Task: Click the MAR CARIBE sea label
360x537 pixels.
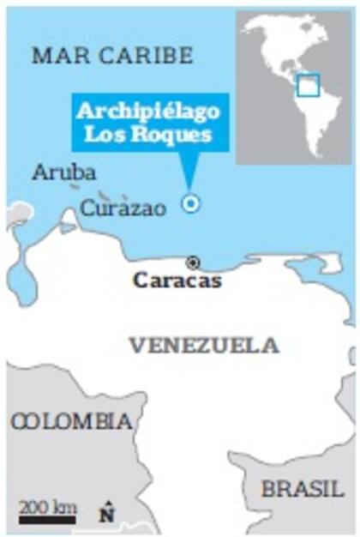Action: click(x=112, y=57)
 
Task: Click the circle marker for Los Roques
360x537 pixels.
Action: click(x=190, y=203)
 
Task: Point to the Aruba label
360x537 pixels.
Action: click(x=64, y=172)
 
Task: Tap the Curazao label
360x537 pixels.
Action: click(x=123, y=208)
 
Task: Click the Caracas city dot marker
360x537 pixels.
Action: click(x=193, y=262)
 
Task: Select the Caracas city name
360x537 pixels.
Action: click(x=177, y=281)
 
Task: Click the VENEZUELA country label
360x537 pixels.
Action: click(x=204, y=346)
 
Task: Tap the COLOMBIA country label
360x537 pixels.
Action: click(x=73, y=422)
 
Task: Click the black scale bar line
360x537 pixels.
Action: click(x=48, y=519)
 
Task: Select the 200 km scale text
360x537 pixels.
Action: click(x=48, y=506)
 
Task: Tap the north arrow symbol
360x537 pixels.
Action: click(x=106, y=512)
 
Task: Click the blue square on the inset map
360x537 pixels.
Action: click(x=307, y=85)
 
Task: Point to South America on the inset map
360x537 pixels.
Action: click(x=319, y=120)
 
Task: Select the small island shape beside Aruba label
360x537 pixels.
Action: click(x=75, y=186)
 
